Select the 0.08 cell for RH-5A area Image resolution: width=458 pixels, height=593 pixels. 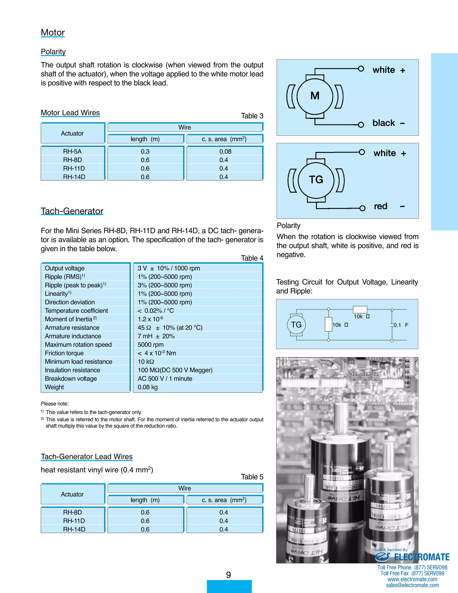coord(225,151)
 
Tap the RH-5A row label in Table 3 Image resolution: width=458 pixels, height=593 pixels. coord(72,151)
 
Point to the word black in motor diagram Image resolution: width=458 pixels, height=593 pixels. coord(383,123)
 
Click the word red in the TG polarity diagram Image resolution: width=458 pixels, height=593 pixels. coord(380,206)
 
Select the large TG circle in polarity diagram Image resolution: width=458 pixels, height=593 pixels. coord(316,180)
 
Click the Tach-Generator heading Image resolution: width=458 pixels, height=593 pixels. coord(72,211)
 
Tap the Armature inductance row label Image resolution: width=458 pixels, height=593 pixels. coord(73,336)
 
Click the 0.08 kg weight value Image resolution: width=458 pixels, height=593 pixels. coord(148,387)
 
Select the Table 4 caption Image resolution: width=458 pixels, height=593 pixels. coord(252,258)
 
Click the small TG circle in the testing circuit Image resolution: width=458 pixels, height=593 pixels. coord(296,325)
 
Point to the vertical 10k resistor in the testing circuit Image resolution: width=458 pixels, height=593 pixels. coord(328,324)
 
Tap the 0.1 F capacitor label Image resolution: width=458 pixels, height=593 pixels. coord(401,325)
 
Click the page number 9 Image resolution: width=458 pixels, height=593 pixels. coord(229,575)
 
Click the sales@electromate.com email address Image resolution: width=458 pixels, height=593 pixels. coord(412,585)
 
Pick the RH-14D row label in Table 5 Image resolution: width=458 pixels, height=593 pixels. coord(74,529)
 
